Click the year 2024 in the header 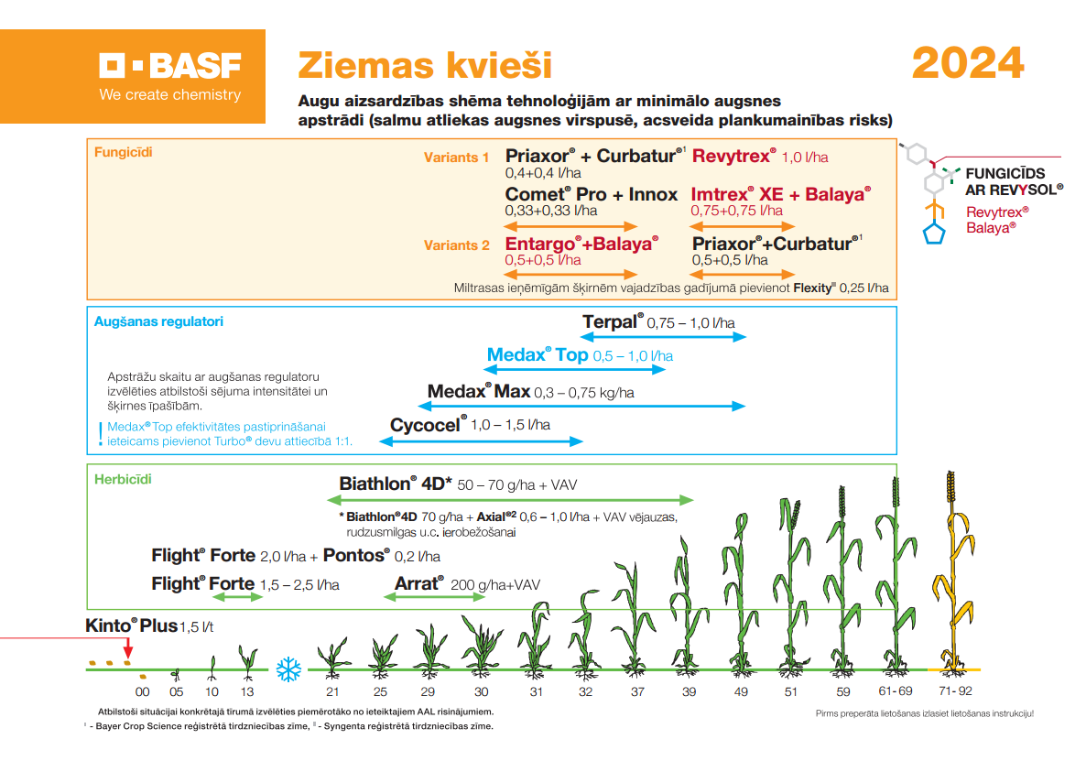(x=968, y=63)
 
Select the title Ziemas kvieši (x=425, y=66)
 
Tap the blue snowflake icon (x=288, y=669)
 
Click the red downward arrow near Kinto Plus (x=128, y=649)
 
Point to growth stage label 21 (x=332, y=691)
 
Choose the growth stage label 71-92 (x=955, y=691)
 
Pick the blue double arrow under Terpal (x=663, y=337)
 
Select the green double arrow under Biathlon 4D (x=510, y=500)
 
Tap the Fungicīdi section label (x=124, y=152)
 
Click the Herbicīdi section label (x=123, y=479)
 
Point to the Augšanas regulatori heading (x=158, y=321)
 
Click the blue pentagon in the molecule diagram (x=934, y=234)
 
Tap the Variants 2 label (x=456, y=245)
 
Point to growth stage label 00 (x=142, y=691)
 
